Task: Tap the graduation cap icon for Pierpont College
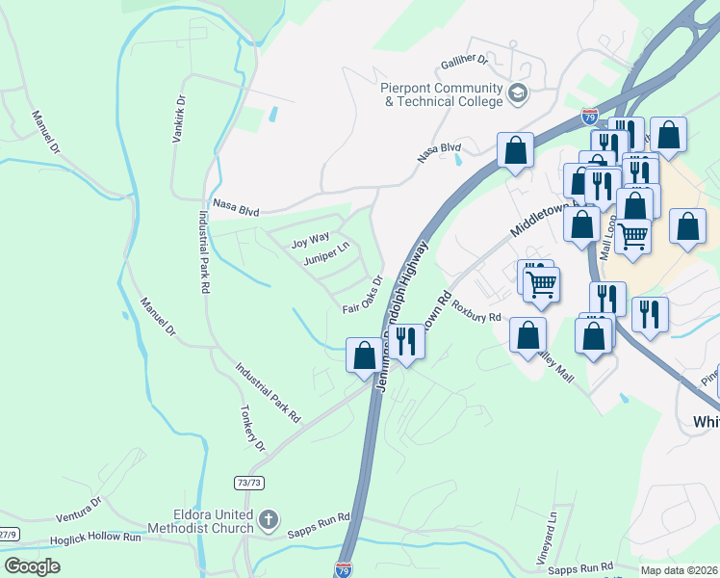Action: coord(518,93)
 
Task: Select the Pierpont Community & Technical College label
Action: coord(442,93)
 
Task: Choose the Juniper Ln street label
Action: coord(326,257)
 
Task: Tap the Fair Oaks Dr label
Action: coord(363,297)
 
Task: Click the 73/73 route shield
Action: coord(248,482)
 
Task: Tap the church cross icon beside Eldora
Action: coord(269,521)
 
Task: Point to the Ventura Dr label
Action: coord(72,510)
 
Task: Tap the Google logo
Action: coord(33,566)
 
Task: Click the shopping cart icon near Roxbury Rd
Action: coord(541,283)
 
